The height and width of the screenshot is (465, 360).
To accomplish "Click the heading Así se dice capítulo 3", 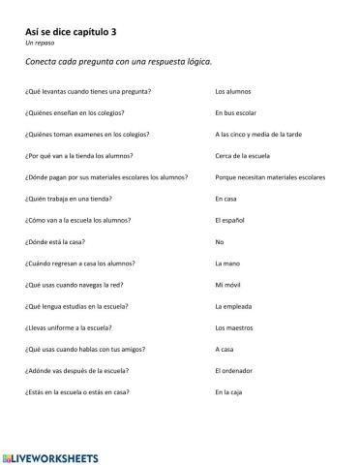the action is pos(72,31).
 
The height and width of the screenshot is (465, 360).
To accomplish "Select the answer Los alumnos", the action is pos(233,91).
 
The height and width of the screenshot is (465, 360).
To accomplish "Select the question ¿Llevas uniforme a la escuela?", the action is pos(69,327).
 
